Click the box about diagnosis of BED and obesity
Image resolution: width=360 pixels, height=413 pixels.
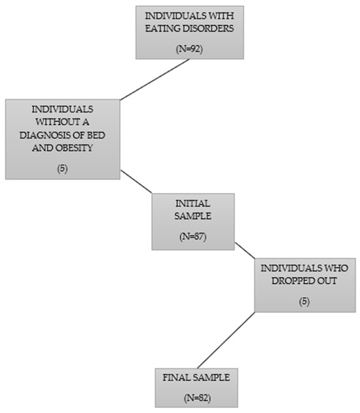tap(63, 139)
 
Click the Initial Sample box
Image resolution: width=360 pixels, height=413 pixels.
tap(193, 221)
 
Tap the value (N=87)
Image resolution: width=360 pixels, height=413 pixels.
tap(193, 236)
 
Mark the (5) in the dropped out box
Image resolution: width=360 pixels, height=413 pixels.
tap(304, 302)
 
